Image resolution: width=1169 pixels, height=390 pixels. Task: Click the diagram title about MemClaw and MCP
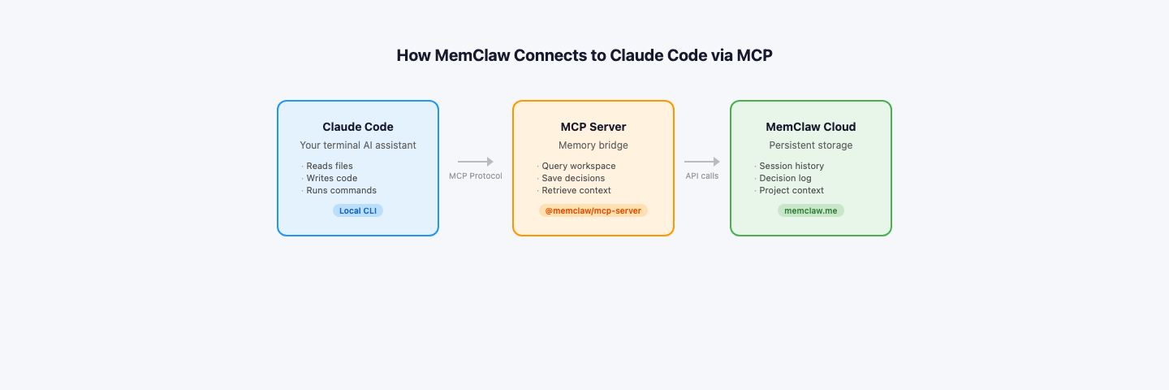[x=584, y=55]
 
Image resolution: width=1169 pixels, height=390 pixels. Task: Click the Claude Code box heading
[x=358, y=127]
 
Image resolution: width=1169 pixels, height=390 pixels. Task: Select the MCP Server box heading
[x=593, y=127]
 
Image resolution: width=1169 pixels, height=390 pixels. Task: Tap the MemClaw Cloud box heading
[x=811, y=127]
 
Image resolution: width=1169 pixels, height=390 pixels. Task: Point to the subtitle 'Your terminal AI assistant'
[x=358, y=145]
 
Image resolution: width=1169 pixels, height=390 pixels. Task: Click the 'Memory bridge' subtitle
[x=593, y=145]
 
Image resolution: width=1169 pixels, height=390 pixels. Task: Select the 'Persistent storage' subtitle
[x=811, y=145]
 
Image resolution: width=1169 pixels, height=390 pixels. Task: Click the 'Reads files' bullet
[x=330, y=166]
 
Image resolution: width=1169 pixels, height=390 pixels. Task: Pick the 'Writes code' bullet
[x=331, y=178]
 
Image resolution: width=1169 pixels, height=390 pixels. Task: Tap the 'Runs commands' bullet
[x=341, y=190]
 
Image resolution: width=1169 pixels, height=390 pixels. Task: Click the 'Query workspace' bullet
[x=579, y=166]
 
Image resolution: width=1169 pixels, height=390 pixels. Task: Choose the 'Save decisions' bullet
[x=573, y=178]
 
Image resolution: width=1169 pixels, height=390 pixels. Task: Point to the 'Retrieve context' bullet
[x=576, y=190]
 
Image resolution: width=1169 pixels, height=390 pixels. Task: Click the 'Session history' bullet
[x=792, y=166]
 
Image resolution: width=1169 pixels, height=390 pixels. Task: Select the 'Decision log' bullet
[x=785, y=178]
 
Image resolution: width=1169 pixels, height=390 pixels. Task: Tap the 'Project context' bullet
[x=792, y=190]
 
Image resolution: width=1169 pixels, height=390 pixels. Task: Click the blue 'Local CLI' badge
[x=358, y=210]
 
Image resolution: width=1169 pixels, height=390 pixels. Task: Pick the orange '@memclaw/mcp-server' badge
[x=593, y=210]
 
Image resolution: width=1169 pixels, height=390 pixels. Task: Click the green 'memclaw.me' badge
[x=811, y=210]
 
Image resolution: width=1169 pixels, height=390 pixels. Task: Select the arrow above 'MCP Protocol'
[x=476, y=162]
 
